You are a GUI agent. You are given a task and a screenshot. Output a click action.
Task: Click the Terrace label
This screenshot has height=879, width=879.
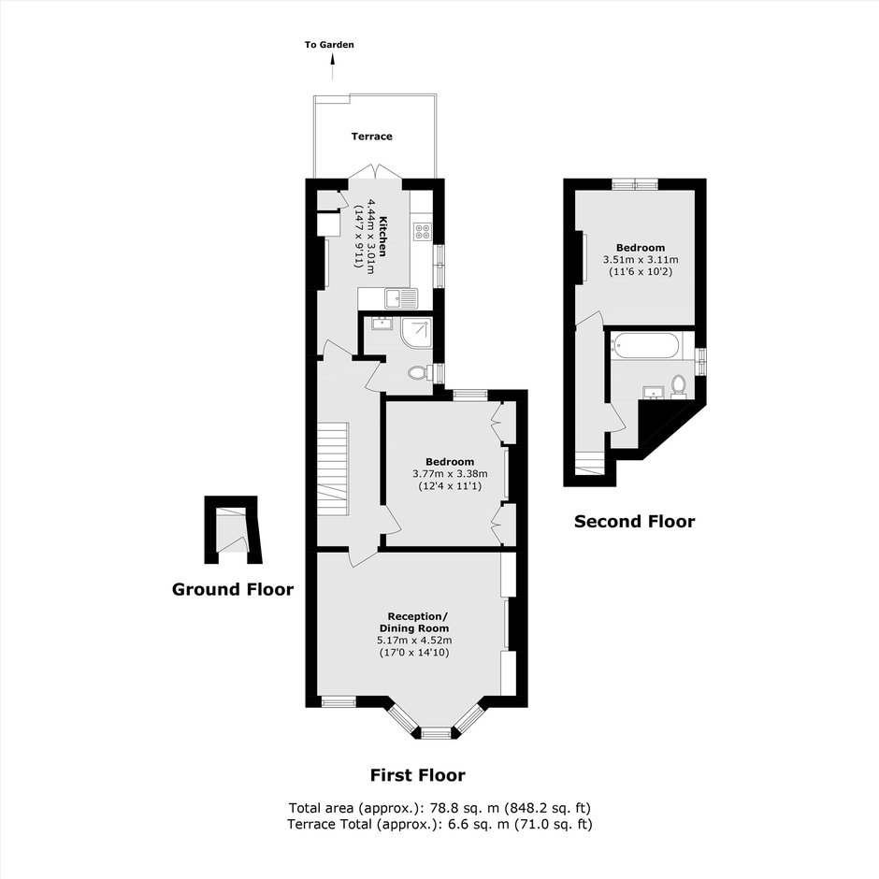(371, 137)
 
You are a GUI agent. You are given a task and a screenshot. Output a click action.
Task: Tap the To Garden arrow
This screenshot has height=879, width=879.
(332, 66)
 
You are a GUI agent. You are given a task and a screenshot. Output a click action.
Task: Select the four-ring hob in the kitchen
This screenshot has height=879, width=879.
(423, 232)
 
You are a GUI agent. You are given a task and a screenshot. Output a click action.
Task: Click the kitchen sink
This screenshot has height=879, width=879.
(401, 298)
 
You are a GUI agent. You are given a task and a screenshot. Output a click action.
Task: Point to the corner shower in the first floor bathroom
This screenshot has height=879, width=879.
(417, 331)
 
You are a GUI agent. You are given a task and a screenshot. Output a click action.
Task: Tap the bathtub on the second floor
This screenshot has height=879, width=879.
(646, 346)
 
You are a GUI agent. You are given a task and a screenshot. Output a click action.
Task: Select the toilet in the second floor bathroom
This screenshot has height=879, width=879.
(678, 387)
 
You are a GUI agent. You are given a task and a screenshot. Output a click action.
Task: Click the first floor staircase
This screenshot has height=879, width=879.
(333, 468)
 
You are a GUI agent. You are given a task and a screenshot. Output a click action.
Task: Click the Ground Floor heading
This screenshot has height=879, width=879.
(233, 589)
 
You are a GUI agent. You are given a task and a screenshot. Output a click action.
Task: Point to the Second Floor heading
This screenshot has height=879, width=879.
(635, 522)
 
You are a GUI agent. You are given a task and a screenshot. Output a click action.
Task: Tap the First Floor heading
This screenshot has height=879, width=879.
(418, 775)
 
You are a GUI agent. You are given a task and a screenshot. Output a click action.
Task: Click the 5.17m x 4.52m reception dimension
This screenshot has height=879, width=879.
(414, 641)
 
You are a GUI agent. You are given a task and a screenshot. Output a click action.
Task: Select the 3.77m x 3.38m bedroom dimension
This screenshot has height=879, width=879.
(450, 474)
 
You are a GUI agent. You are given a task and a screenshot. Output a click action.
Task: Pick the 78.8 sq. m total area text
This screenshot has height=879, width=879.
(439, 808)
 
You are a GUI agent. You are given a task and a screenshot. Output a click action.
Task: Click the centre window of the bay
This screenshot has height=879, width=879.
(436, 733)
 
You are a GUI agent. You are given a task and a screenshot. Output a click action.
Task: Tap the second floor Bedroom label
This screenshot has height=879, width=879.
(641, 248)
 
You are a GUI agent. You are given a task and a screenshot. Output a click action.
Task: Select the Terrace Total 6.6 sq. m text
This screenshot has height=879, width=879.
(439, 824)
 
